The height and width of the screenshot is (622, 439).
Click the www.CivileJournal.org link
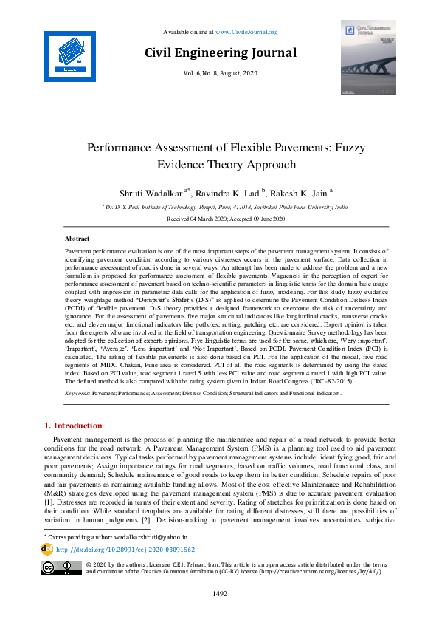coord(246,32)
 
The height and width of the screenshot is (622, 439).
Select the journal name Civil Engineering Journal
coord(220,53)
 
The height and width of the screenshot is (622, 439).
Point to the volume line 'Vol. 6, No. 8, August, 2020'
coord(220,75)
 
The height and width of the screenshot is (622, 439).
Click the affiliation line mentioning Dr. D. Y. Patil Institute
coord(220,208)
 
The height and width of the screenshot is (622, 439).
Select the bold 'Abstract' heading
coord(77,239)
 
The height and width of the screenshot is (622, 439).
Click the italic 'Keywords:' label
coord(77,395)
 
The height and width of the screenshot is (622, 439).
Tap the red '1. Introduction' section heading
coord(74,426)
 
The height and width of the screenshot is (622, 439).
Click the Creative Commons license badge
coord(62,567)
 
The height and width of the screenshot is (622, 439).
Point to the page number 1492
coord(219,594)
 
